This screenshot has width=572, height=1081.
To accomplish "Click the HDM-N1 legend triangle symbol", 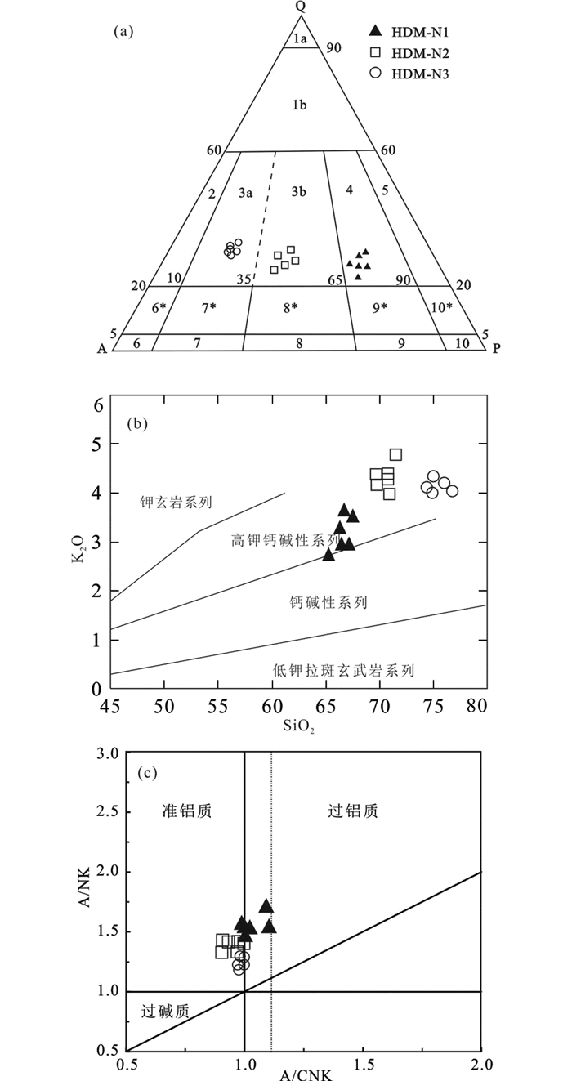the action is coord(375,32).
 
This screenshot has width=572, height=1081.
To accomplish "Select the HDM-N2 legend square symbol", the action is coord(375,53).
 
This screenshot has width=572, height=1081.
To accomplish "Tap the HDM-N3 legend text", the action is coord(420,74).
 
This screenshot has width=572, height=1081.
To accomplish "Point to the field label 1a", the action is coord(300,38).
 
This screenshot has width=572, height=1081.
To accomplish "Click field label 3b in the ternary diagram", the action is coord(298,193).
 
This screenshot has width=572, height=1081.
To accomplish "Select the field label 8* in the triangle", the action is coord(291,308).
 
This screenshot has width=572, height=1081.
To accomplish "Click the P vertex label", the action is coord(496,347).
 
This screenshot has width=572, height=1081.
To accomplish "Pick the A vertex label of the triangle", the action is coord(102,348).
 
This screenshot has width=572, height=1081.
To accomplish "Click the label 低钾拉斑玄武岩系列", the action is coord(344,671).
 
